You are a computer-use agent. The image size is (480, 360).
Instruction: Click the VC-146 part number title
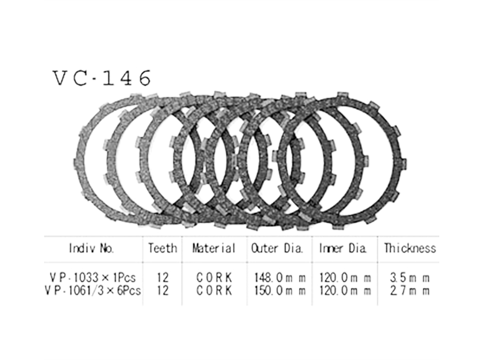tap(102, 78)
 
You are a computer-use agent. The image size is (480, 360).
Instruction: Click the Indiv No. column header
tap(91, 248)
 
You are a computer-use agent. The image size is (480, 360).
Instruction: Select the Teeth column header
tap(163, 248)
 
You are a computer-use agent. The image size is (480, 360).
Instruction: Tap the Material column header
tap(214, 248)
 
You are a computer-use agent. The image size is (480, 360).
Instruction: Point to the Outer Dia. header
tap(277, 248)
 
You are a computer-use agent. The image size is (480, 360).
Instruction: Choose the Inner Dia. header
tap(343, 248)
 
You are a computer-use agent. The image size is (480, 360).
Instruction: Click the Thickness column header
tap(410, 248)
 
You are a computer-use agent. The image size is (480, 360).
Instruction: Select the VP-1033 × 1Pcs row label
tap(92, 277)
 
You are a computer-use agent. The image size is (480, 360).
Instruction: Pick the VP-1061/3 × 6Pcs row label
tap(93, 290)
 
